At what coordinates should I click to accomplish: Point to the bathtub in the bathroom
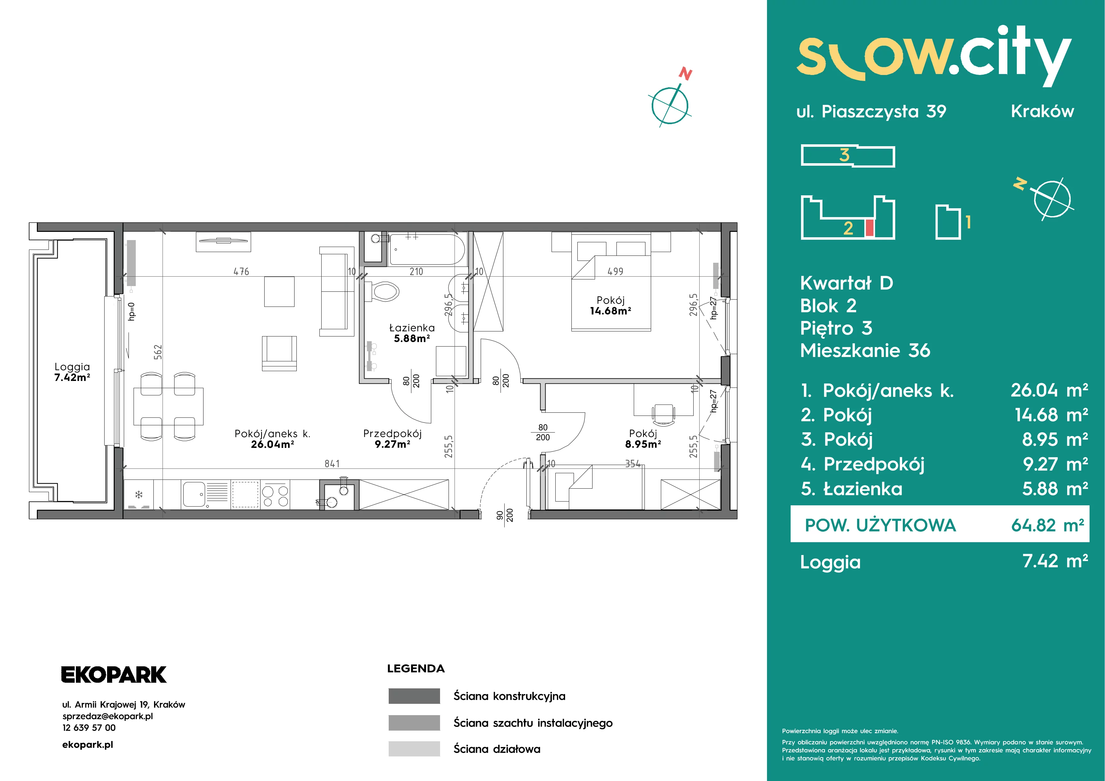point(427,249)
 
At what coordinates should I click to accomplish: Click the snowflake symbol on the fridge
point(139,495)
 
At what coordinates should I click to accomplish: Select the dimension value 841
point(332,463)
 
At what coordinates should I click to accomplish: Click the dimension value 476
point(241,271)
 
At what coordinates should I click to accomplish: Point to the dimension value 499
point(615,271)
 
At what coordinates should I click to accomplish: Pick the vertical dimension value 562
point(158,352)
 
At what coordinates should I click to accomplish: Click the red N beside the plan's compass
point(685,74)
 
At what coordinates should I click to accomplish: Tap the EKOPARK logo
point(114,675)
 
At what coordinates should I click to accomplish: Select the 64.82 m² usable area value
point(1047,525)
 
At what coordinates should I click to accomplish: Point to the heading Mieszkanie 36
point(865,350)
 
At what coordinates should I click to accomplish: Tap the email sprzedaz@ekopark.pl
point(107,716)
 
